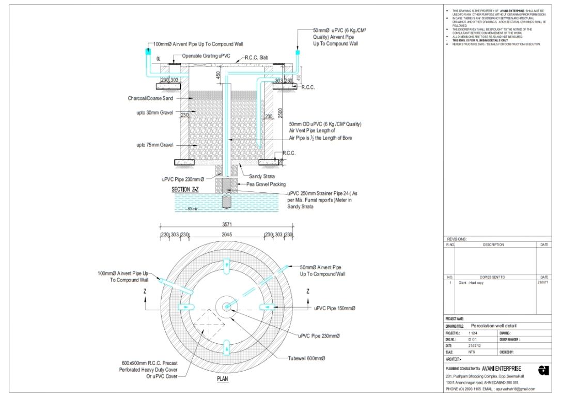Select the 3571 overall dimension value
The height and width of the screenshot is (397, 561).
[x=227, y=225]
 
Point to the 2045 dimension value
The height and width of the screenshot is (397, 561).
[x=227, y=235]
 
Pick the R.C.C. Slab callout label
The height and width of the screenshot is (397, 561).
[x=257, y=57]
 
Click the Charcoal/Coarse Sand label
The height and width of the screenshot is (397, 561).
[x=151, y=98]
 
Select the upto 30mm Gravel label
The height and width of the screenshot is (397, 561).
[x=154, y=113]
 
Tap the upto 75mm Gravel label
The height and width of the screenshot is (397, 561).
[x=154, y=145]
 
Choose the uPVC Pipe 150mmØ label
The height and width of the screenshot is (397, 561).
[x=334, y=308]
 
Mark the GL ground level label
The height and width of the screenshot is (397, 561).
[x=159, y=59]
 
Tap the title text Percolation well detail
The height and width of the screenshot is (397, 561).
[x=494, y=326]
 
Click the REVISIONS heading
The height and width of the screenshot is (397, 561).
[x=457, y=239]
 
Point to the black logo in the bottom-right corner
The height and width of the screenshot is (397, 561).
[x=543, y=370]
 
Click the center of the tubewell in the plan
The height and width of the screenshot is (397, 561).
[x=227, y=307]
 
